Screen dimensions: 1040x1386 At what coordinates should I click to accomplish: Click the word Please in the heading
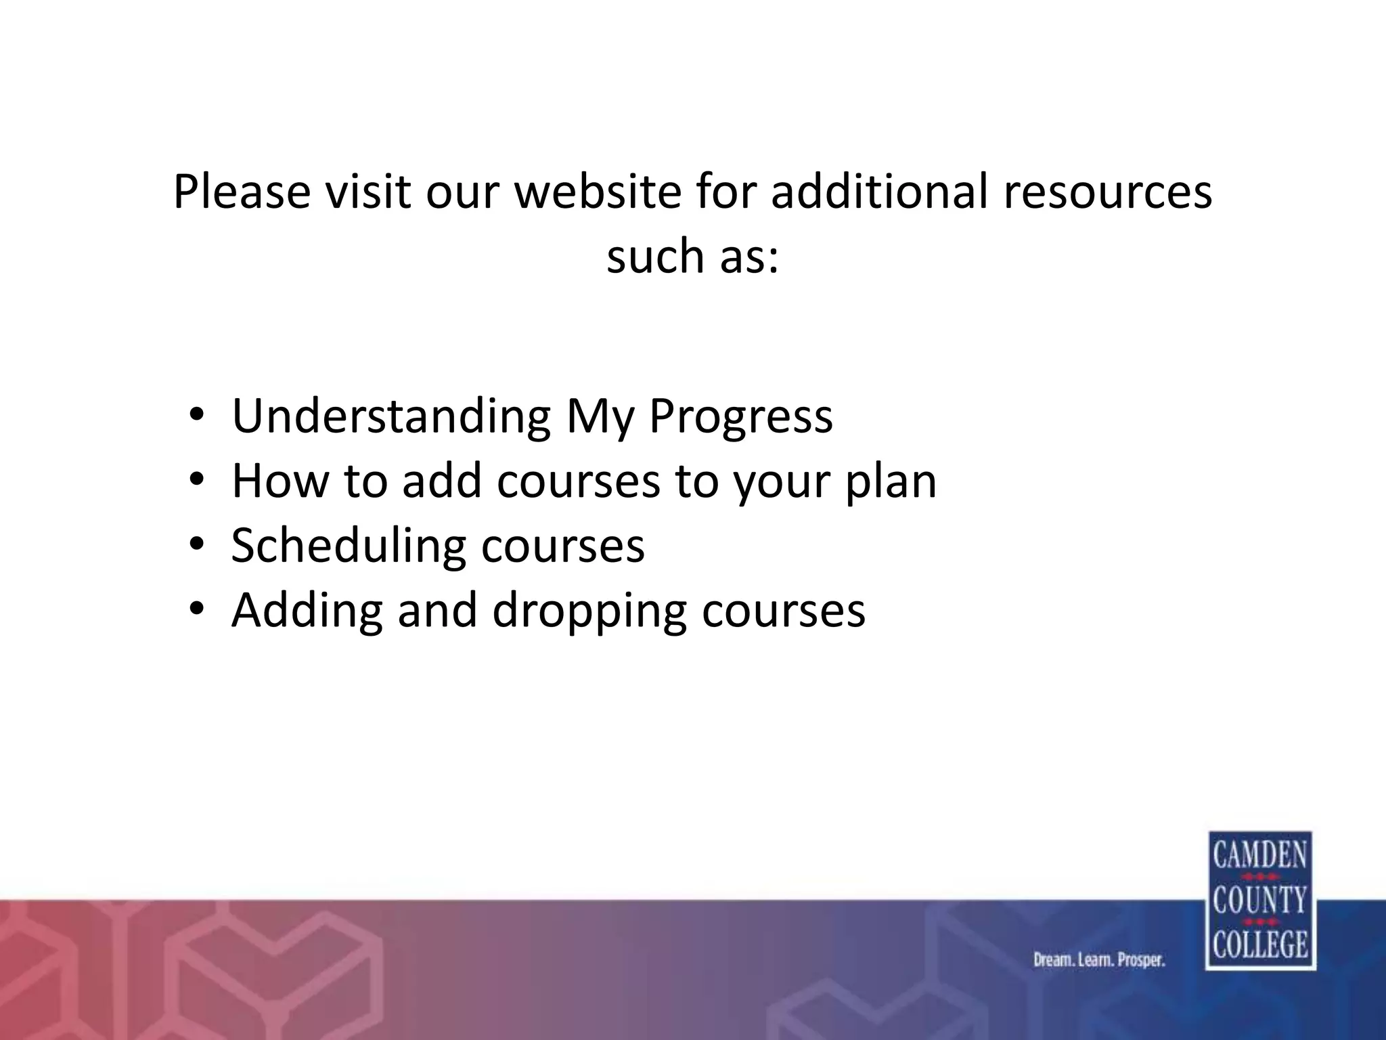pos(242,192)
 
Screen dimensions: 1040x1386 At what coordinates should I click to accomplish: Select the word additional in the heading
pos(880,192)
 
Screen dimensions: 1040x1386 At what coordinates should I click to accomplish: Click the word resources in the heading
pos(1107,192)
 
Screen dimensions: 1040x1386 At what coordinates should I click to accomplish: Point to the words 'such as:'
pos(692,257)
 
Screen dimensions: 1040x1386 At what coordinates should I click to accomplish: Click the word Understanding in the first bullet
pos(391,416)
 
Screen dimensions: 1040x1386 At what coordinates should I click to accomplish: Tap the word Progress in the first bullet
pos(740,416)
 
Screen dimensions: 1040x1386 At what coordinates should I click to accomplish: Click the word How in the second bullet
pos(278,481)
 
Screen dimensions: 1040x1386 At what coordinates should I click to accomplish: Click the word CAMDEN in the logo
pos(1259,855)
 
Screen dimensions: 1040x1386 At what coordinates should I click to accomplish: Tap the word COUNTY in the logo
pos(1259,901)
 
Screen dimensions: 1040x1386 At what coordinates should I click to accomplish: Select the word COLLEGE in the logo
pos(1259,945)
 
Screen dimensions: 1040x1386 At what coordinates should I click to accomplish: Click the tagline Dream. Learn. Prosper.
pos(1099,960)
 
